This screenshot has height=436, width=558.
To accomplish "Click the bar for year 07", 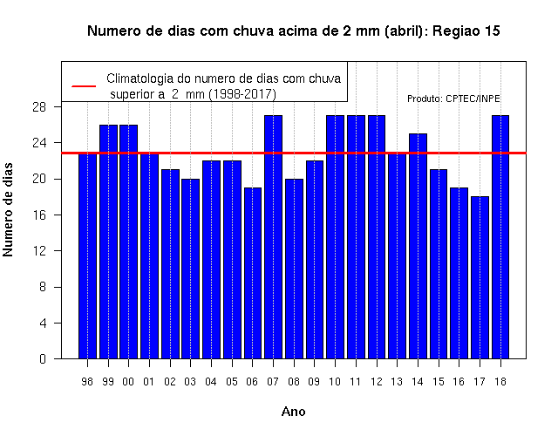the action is (x=273, y=236).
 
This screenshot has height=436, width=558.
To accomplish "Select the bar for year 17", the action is (x=480, y=277).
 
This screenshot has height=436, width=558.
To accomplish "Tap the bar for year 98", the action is (x=87, y=255).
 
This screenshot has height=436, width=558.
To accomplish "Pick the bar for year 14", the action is (x=418, y=246).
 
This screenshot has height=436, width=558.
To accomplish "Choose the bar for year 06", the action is (x=253, y=273).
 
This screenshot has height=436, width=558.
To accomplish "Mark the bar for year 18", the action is (x=500, y=236).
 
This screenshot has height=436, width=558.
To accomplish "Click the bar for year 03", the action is (x=191, y=269).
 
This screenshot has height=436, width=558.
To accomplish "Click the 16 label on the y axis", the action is (x=39, y=215).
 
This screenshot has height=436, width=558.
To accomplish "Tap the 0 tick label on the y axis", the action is (x=43, y=358).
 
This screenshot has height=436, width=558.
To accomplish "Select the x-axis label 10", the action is (x=335, y=382).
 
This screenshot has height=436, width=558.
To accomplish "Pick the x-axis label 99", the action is (x=108, y=382).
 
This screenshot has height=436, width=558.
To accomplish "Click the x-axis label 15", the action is (x=439, y=382).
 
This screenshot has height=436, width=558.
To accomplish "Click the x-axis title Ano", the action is (x=293, y=412).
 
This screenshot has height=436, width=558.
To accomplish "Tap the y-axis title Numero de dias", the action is (x=8, y=209).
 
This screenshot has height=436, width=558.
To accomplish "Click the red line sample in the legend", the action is (x=84, y=86).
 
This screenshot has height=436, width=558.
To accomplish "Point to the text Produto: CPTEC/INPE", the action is (x=453, y=99).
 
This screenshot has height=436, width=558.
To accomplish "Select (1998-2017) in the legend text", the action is (x=242, y=94).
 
